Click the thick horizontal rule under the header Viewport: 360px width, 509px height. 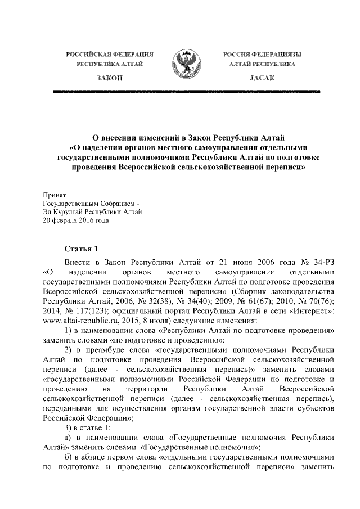point(180,90)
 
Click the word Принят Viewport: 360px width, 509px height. point(55,194)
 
